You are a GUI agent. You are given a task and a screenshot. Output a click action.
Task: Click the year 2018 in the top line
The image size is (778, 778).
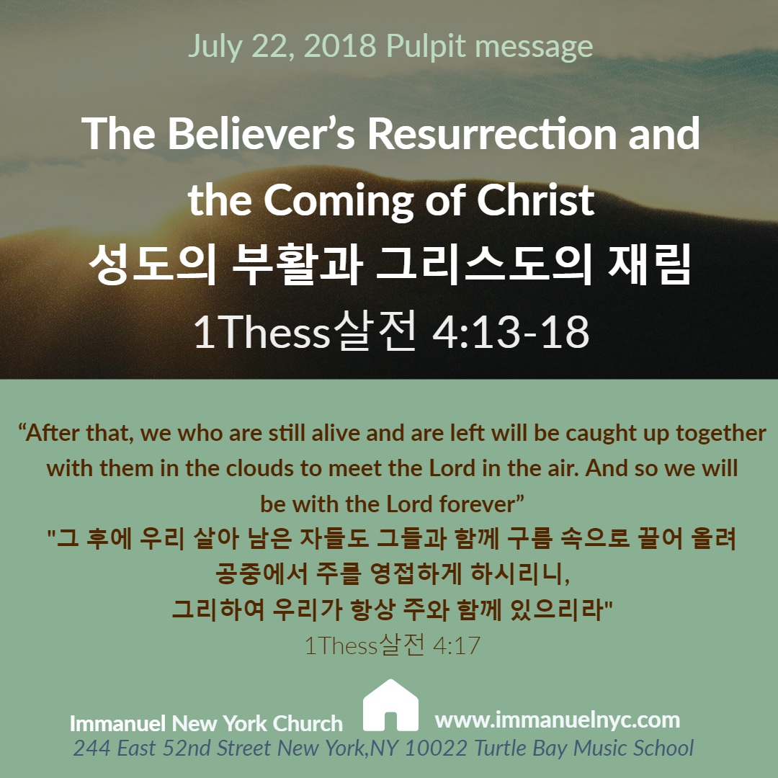[x=340, y=46]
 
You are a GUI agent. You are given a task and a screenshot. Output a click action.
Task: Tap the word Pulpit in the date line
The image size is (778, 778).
[x=426, y=47]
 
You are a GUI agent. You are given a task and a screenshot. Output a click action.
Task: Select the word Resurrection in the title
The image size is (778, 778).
[x=492, y=133]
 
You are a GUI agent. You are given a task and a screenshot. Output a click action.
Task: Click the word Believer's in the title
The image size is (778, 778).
[x=261, y=133]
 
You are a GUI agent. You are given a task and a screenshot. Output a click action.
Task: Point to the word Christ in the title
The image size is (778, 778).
[x=535, y=200]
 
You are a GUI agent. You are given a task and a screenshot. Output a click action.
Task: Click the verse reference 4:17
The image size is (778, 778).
[x=457, y=645]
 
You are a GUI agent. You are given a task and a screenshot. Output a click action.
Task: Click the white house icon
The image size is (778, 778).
[x=390, y=705]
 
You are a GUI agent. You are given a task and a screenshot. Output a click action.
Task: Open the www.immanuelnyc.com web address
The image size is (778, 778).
[x=557, y=720]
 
